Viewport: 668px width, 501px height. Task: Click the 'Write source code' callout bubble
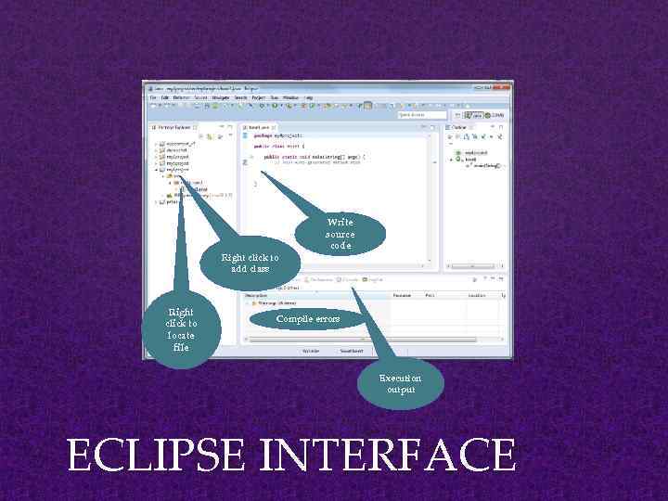tap(340, 234)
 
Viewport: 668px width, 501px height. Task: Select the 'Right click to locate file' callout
tap(181, 330)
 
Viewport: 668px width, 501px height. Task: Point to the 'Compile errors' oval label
tap(308, 319)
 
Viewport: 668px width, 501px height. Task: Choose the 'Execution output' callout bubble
tap(400, 384)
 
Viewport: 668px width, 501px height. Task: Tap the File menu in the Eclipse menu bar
tap(152, 96)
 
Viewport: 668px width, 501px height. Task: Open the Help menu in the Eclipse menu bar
tap(308, 96)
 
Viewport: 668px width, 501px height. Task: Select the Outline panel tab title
tap(460, 127)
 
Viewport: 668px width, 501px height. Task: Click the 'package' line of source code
tap(276, 136)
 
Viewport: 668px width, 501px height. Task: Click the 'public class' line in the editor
tap(279, 147)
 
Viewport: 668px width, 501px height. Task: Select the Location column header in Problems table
tap(477, 295)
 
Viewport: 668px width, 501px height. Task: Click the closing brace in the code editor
tap(255, 183)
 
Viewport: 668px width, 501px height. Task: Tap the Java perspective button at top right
tap(476, 115)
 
